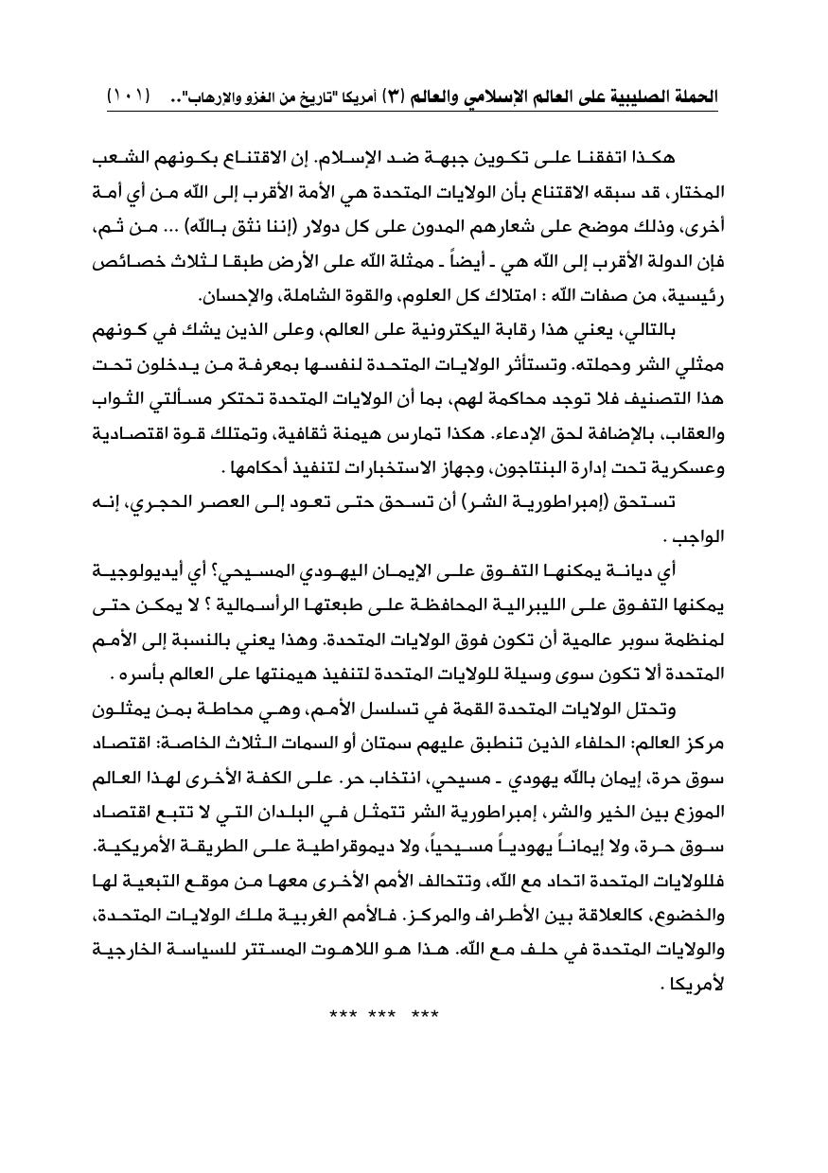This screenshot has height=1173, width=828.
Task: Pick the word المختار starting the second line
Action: point(688,192)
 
